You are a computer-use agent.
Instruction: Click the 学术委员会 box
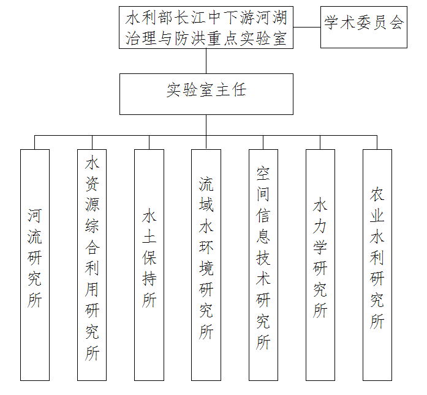(x=363, y=27)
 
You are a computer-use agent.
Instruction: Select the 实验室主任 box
(x=206, y=94)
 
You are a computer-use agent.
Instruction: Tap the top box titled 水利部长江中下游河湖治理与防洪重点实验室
(x=206, y=28)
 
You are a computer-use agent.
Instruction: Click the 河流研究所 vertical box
(x=35, y=265)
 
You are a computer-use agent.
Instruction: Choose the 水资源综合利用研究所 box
(x=92, y=265)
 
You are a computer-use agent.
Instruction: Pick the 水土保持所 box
(x=149, y=265)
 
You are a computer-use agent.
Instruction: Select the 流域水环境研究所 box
(x=206, y=265)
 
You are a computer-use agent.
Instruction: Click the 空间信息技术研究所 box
(x=263, y=265)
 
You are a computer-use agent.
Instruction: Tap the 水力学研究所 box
(x=320, y=265)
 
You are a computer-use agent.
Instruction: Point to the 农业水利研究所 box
(x=377, y=265)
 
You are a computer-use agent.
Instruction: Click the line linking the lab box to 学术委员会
(x=307, y=27)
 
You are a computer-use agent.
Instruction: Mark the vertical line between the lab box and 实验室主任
(x=206, y=61)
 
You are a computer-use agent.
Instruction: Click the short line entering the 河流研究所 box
(x=34, y=142)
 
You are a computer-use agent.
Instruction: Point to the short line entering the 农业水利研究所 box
(x=377, y=142)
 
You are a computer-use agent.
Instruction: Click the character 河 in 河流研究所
(x=34, y=216)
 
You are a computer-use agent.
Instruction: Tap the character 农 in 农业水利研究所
(x=377, y=194)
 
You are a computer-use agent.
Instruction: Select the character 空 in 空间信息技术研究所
(x=263, y=174)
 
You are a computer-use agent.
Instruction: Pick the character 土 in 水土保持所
(x=149, y=237)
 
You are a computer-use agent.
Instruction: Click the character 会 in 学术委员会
(x=396, y=22)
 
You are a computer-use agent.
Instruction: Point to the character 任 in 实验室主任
(x=239, y=90)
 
